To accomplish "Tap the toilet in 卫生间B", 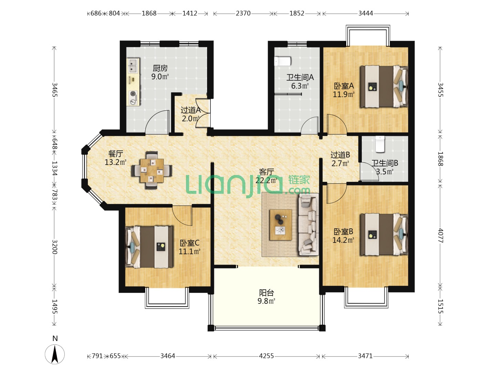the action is pos(380,144).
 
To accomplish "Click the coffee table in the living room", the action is pos(281,225).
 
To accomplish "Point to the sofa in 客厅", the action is pos(308,224).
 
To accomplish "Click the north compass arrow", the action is pos(55,354).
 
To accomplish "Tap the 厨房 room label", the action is pos(160,68).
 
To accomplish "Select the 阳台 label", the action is pos(266,293).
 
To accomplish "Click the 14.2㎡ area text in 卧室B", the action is pos(343,240).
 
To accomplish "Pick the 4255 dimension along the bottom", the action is pos(266,356).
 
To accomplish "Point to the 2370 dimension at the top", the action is pos(243,13).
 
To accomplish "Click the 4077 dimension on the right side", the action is pos(441,235).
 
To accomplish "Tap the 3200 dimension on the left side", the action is pos(54,247).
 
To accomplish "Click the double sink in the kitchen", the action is pos(133,65).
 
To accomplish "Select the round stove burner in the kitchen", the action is pos(133,93).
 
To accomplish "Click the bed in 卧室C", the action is pos(149,247).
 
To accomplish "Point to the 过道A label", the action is pos(190,110).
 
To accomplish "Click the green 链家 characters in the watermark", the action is pos(299,180).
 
